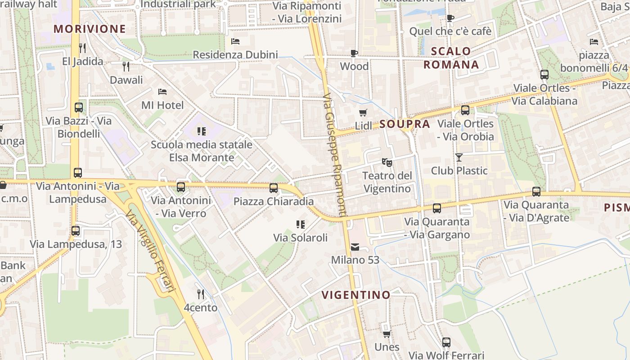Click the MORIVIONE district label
pyautogui.click(x=90, y=29)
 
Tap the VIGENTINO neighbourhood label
pyautogui.click(x=356, y=295)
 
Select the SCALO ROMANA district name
pyautogui.click(x=451, y=58)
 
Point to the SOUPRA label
pyautogui.click(x=405, y=124)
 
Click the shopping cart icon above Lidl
pyautogui.click(x=363, y=112)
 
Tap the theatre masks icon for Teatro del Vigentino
pyautogui.click(x=387, y=162)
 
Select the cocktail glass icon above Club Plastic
pyautogui.click(x=459, y=157)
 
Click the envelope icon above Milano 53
pyautogui.click(x=355, y=247)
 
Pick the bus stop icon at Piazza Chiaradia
pyautogui.click(x=274, y=188)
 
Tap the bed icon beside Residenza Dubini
pyautogui.click(x=235, y=41)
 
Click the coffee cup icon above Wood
pyautogui.click(x=354, y=53)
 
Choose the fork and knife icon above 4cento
pyautogui.click(x=201, y=294)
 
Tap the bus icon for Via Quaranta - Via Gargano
pyautogui.click(x=436, y=208)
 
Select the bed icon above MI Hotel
pyautogui.click(x=162, y=92)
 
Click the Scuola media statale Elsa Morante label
pyautogui.click(x=202, y=151)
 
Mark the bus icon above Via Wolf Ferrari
pyautogui.click(x=446, y=342)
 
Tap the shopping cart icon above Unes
pyautogui.click(x=387, y=333)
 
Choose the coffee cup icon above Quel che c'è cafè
pyautogui.click(x=450, y=18)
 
